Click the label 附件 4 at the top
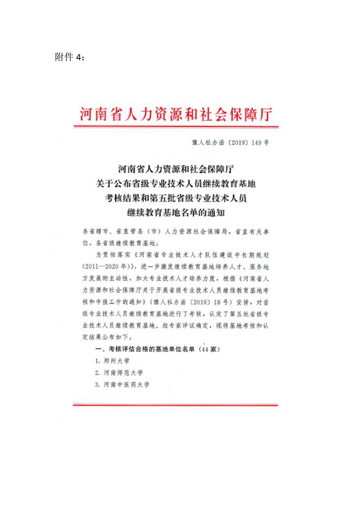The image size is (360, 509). pos(69,57)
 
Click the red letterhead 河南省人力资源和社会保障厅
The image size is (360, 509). pos(177,114)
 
